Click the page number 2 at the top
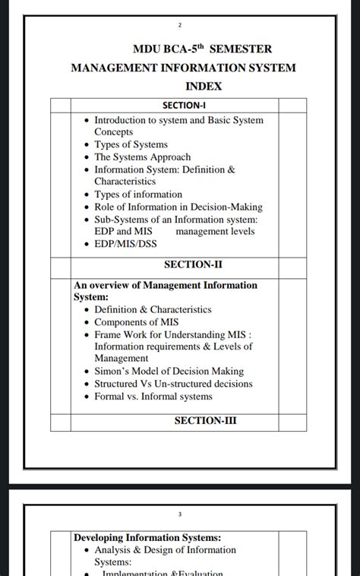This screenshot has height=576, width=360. pos(180,26)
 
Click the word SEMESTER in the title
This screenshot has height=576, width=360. pos(242,49)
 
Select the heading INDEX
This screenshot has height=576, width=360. pos(204,87)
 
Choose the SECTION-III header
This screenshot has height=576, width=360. pos(205,420)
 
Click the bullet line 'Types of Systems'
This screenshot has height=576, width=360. pos(131,144)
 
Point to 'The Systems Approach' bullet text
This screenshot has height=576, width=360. pos(142,157)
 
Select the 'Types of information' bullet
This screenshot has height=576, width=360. pos(138,195)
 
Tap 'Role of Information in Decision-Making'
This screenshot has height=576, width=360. pos(178,207)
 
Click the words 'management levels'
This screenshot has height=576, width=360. pos(215,231)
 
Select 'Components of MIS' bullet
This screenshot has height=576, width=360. pos(136,322)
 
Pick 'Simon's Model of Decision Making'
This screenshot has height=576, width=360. pos(169,372)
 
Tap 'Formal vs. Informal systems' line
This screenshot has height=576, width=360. pos(153,396)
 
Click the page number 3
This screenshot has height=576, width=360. pos(180,514)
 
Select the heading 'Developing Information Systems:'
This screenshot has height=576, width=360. pos(147,538)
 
